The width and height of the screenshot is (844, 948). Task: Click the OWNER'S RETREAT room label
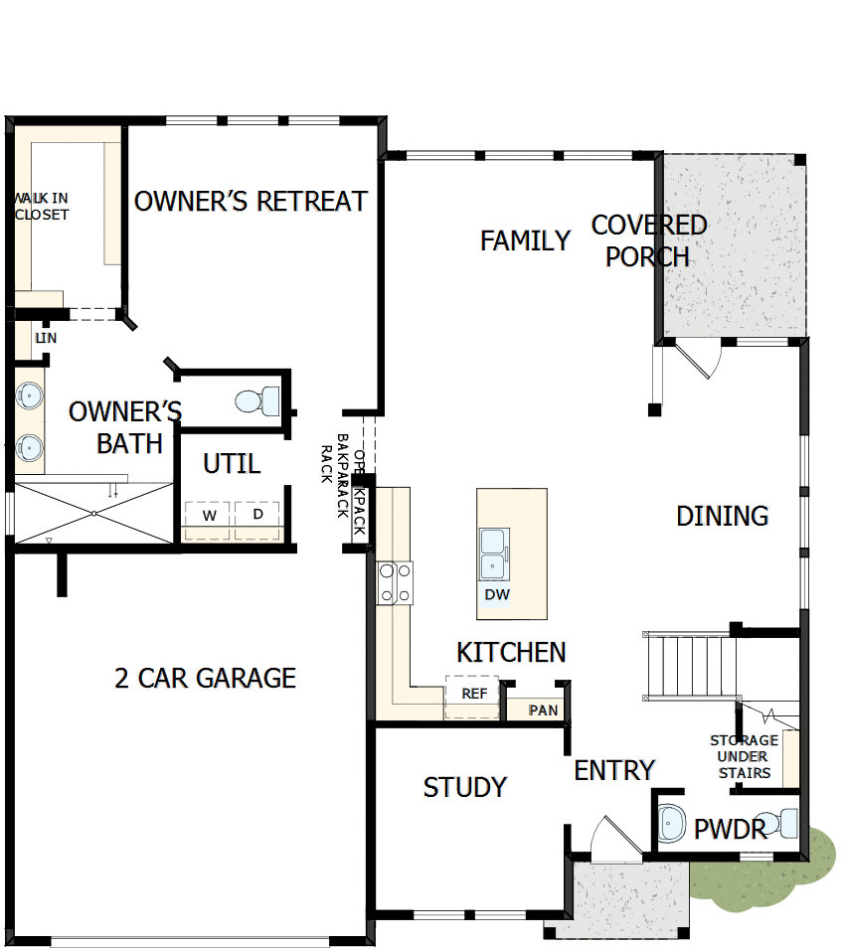tap(251, 202)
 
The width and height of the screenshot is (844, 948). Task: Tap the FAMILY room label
tap(525, 240)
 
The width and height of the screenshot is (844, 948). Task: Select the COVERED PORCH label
tap(648, 240)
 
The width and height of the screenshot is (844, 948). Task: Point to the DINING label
tap(722, 516)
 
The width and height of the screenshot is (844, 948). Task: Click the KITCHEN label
tap(511, 652)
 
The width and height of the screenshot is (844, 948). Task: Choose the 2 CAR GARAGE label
tap(205, 678)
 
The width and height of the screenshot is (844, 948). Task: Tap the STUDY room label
tap(464, 787)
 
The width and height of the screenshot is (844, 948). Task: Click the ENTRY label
tap(614, 770)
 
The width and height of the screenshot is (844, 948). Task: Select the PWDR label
tap(730, 829)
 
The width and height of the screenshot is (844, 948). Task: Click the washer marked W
tap(209, 515)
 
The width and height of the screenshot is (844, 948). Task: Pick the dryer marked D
tap(258, 515)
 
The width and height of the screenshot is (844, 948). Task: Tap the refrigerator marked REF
tap(474, 693)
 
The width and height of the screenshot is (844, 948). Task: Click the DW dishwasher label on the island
tap(497, 595)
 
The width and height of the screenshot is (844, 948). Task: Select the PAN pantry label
tap(543, 710)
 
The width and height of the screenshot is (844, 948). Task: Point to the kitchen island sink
tap(493, 553)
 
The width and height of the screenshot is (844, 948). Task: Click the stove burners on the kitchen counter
tap(395, 582)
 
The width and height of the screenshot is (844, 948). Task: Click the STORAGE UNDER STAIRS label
tap(744, 756)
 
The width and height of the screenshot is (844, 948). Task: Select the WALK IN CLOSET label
tap(42, 206)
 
